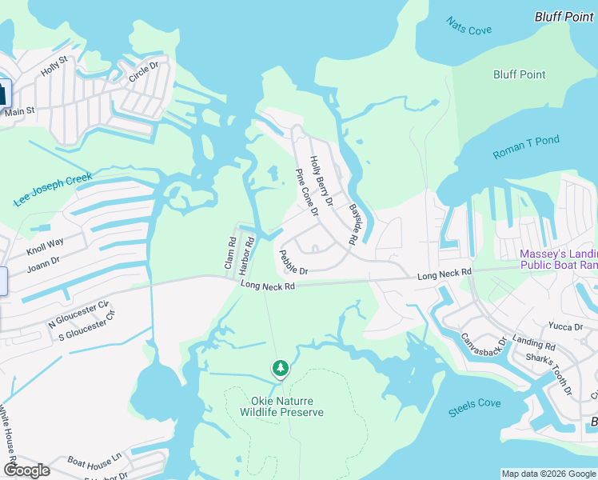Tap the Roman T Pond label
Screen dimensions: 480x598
(x=526, y=147)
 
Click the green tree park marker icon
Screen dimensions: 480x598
(x=280, y=368)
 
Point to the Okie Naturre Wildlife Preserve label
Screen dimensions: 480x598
(x=282, y=406)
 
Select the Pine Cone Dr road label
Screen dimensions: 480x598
(x=306, y=193)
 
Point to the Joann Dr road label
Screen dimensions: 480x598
(x=43, y=262)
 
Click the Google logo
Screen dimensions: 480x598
(x=26, y=470)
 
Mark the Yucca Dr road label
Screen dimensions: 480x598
(x=565, y=326)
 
